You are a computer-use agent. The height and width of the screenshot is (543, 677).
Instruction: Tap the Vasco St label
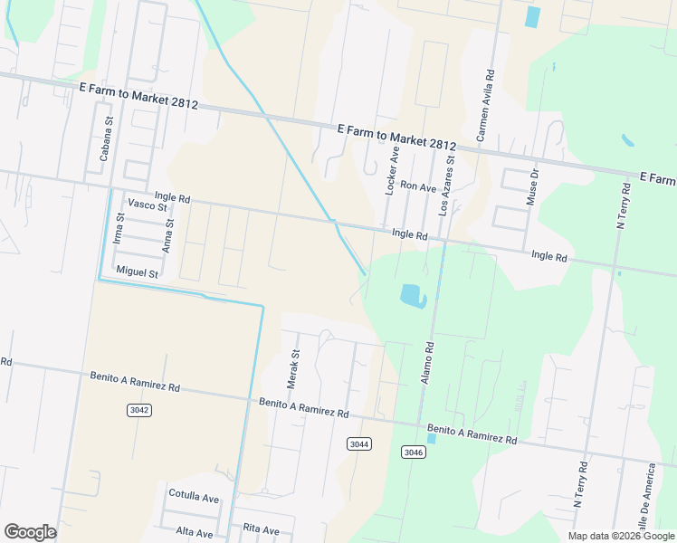(x=148, y=205)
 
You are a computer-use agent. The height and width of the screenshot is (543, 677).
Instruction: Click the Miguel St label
(x=138, y=271)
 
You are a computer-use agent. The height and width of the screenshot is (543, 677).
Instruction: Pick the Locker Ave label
(x=391, y=172)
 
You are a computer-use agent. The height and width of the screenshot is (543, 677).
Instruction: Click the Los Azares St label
(x=447, y=184)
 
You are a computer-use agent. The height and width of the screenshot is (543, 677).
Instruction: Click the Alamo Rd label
(x=428, y=363)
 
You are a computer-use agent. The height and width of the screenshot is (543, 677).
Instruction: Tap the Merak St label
(x=292, y=370)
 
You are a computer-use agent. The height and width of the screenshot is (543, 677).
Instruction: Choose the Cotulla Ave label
(x=195, y=497)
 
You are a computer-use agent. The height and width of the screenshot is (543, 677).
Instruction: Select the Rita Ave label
(x=262, y=529)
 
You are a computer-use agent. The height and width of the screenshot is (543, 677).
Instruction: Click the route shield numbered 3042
(x=138, y=410)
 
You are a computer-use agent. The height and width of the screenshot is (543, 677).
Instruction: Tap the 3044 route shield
(x=359, y=443)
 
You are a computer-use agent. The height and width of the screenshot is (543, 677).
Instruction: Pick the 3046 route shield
(x=413, y=452)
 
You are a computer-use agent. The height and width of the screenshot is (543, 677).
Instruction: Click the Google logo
(x=30, y=532)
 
